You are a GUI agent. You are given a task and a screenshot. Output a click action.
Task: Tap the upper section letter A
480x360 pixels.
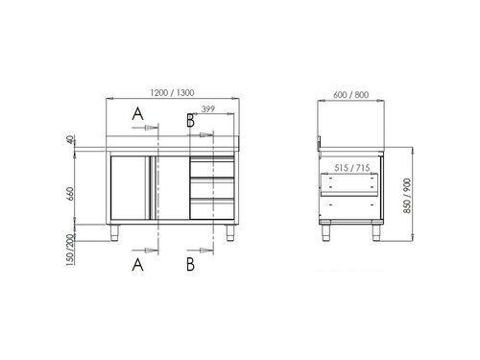tap(138, 114)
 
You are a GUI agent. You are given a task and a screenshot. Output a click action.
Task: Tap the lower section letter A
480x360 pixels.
tap(138, 262)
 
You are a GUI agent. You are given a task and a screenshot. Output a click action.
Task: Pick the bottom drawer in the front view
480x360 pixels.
tap(211, 204)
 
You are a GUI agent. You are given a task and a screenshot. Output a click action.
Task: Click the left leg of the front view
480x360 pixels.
tap(118, 230)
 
